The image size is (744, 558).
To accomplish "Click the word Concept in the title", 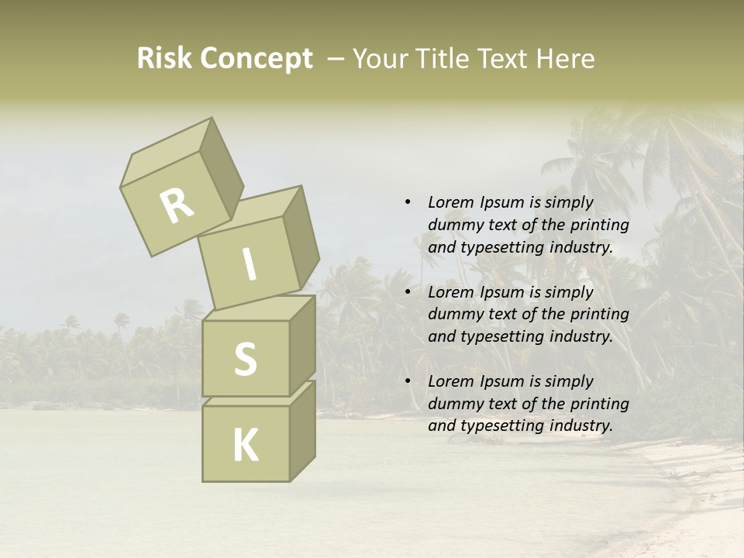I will (x=257, y=59).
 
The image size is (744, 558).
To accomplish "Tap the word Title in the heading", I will (x=443, y=59).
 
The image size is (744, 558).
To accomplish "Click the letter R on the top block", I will (x=177, y=205).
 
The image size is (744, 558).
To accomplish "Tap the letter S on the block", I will (x=245, y=358).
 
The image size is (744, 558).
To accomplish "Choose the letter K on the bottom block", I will (x=245, y=445).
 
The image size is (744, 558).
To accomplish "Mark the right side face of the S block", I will (x=302, y=345).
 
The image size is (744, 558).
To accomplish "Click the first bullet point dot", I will (x=408, y=203).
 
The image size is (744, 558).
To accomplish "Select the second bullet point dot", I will (x=408, y=292).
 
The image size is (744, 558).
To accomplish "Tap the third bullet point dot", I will (x=408, y=381).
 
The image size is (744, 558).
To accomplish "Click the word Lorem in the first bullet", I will (x=450, y=202).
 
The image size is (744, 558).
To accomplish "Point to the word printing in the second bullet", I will (x=599, y=314).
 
